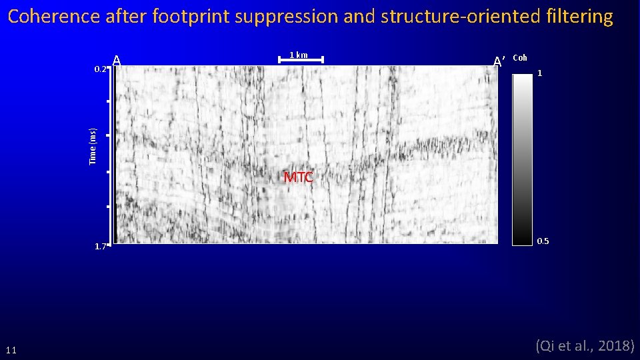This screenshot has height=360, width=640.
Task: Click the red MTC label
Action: (x=298, y=177)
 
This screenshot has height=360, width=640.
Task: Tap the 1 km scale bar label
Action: (x=298, y=55)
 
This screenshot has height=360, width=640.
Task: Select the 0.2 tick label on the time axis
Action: (x=100, y=69)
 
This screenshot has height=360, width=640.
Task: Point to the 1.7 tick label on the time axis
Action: (x=100, y=247)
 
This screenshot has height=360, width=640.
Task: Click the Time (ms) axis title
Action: (x=93, y=146)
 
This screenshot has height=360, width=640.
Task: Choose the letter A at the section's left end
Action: (x=117, y=61)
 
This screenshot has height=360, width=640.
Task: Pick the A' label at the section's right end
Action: (x=499, y=61)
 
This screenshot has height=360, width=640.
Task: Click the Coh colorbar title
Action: (x=520, y=58)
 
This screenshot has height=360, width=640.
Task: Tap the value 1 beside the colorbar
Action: (x=540, y=73)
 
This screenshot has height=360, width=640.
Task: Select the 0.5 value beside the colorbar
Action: (x=543, y=241)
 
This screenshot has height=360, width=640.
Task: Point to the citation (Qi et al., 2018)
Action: (x=585, y=345)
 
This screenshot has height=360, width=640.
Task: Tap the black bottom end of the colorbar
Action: (x=522, y=239)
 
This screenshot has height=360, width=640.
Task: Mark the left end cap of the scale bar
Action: (x=279, y=60)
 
